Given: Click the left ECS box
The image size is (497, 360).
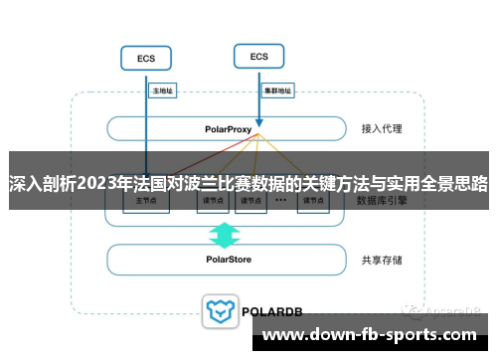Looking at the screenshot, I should click(146, 59).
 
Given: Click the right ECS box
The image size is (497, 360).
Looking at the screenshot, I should click(259, 57).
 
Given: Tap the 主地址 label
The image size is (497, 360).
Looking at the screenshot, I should click(162, 90).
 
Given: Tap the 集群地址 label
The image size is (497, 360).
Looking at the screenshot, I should click(278, 90).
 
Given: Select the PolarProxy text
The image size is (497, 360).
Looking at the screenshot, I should click(228, 129).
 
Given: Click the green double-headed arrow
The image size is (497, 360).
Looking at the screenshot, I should click(226, 235).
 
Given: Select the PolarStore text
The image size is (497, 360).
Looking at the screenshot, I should click(228, 260).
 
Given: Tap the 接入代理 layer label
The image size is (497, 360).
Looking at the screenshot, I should click(382, 129).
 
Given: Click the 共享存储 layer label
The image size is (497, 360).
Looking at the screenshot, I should click(382, 260).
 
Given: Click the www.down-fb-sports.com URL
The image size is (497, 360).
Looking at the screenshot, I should click(369, 334).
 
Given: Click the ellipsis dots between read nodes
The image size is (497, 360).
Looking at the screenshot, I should click(281, 200).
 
